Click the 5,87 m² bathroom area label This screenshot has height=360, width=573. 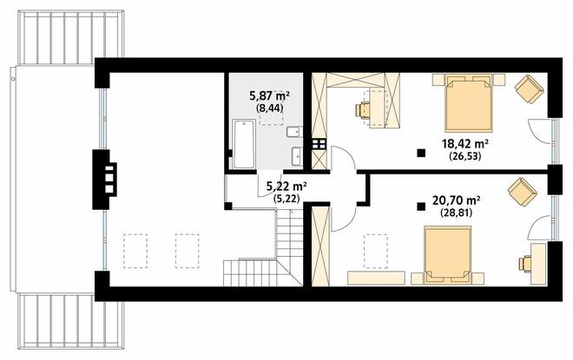pyautogui.click(x=270, y=96)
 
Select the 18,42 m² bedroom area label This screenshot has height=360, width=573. pyautogui.click(x=465, y=143)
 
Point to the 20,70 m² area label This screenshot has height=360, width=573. pyautogui.click(x=456, y=200)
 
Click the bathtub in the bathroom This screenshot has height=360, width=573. pyautogui.click(x=244, y=144)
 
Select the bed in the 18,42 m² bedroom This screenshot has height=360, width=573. pyautogui.click(x=469, y=103)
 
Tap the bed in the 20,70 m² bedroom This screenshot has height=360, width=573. pyautogui.click(x=448, y=255)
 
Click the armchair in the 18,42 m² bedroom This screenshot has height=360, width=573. pyautogui.click(x=529, y=88)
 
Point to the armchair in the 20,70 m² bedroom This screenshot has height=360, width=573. pyautogui.click(x=522, y=192)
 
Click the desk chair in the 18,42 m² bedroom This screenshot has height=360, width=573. pyautogui.click(x=363, y=110)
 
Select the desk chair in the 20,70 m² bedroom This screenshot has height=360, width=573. pyautogui.click(x=525, y=264)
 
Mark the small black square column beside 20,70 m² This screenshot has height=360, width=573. pyautogui.click(x=421, y=207)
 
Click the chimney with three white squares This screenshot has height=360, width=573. pyautogui.click(x=105, y=180)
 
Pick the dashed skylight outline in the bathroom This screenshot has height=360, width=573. pyautogui.click(x=272, y=108)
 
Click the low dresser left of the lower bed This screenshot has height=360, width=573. pyautogui.click(x=377, y=278)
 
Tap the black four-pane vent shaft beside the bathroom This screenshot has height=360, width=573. pyautogui.click(x=319, y=144)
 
